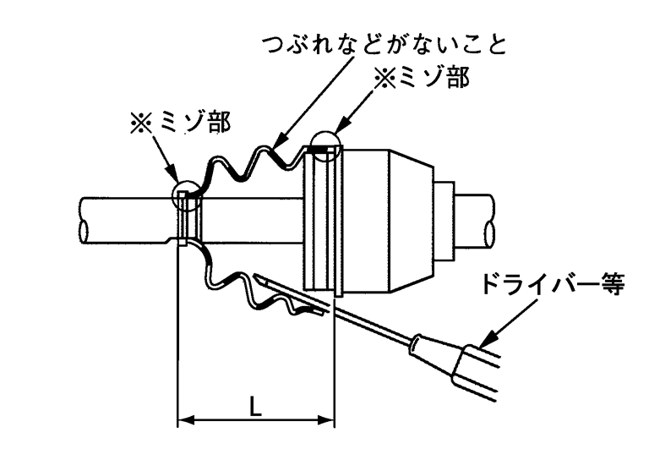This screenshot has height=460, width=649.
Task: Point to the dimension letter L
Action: [x=254, y=406]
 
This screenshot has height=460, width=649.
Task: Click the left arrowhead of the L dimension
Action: [x=183, y=419]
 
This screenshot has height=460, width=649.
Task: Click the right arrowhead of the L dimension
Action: [x=329, y=419]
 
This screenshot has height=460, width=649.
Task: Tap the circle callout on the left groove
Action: [x=186, y=197]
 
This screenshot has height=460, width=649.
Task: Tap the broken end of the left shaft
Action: [x=85, y=221]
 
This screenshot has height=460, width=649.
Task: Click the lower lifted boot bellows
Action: [x=254, y=292]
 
